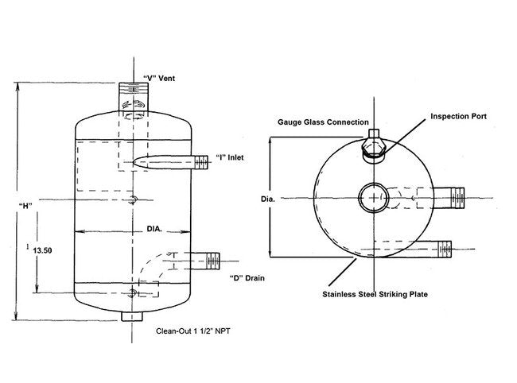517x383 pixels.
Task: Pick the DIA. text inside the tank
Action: pyautogui.click(x=154, y=230)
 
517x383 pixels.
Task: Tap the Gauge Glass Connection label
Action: pyautogui.click(x=323, y=122)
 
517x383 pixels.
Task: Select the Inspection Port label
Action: pyautogui.click(x=459, y=116)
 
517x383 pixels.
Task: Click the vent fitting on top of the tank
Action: pyautogui.click(x=132, y=99)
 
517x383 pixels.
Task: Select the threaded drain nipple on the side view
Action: pyautogui.click(x=210, y=257)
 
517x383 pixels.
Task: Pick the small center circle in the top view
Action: pyautogui.click(x=371, y=196)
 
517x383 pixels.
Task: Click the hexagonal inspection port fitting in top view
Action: pyautogui.click(x=373, y=149)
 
